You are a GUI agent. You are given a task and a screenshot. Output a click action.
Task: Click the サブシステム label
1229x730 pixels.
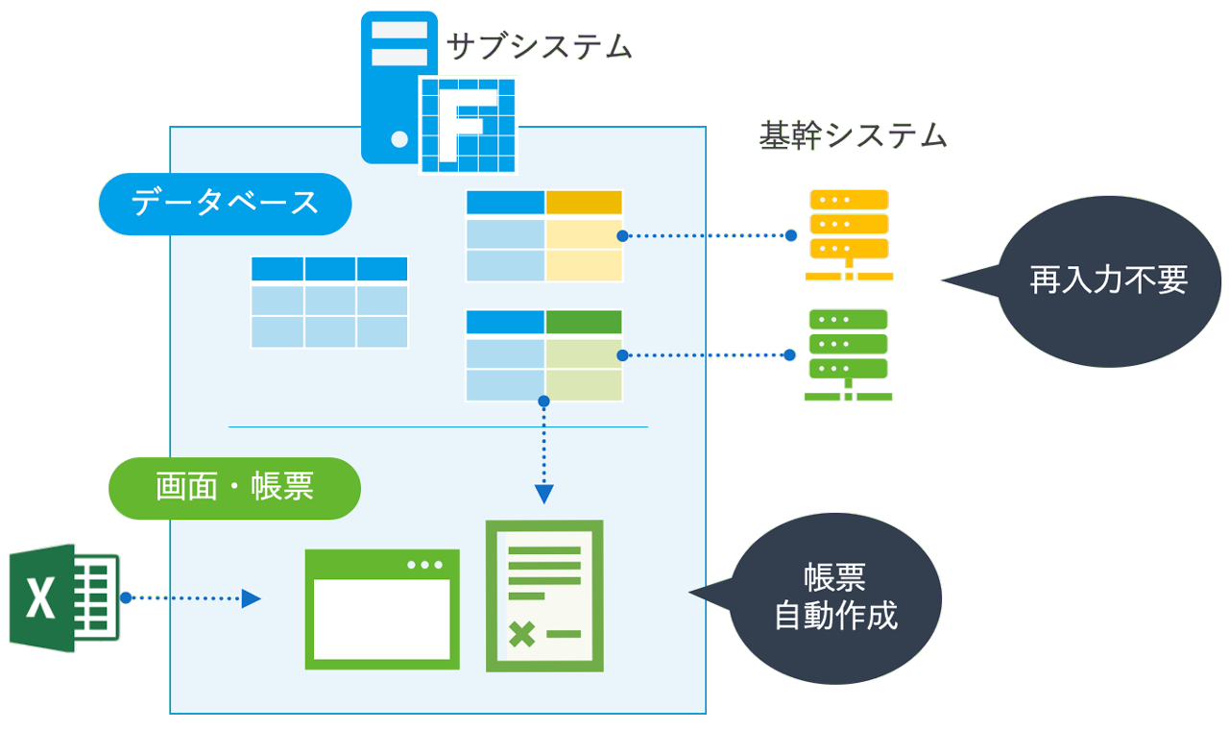click(x=541, y=46)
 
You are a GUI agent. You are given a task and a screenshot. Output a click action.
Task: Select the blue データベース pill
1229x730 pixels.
click(x=225, y=204)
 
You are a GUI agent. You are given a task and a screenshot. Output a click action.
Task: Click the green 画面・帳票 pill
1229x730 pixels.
click(x=235, y=488)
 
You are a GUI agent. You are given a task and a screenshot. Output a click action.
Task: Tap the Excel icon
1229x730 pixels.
click(x=64, y=597)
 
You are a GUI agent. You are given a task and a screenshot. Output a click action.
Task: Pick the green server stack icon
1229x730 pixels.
click(x=849, y=354)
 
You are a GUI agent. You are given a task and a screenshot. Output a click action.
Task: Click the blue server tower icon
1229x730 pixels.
click(x=393, y=86)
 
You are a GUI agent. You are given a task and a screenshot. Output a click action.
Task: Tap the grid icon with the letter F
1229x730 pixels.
click(x=469, y=125)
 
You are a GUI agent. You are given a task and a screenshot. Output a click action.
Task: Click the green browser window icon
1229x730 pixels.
click(x=381, y=609)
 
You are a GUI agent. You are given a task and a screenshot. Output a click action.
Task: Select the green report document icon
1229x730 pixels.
click(x=544, y=596)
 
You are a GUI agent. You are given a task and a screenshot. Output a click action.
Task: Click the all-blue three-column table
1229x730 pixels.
click(x=329, y=302)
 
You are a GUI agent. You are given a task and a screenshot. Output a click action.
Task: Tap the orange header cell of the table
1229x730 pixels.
click(x=584, y=203)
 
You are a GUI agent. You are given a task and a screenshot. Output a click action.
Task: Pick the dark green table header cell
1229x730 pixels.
click(x=584, y=322)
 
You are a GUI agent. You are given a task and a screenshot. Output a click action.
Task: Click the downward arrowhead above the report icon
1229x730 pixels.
click(x=543, y=494)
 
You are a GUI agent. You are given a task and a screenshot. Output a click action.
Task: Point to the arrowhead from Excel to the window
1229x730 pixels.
click(x=252, y=598)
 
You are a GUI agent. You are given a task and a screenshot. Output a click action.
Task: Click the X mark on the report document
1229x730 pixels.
click(x=521, y=634)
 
